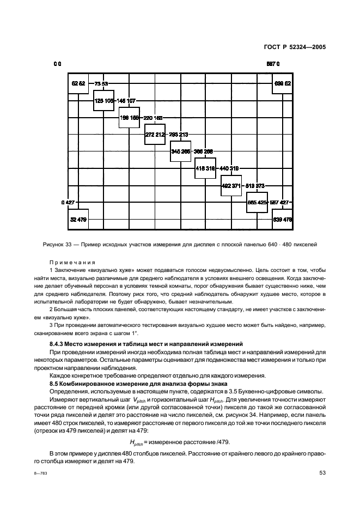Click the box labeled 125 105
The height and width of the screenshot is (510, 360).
pyautogui.click(x=103, y=100)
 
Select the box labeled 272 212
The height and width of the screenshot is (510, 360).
pyautogui.click(x=155, y=133)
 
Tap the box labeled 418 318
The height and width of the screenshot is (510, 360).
pyautogui.click(x=205, y=168)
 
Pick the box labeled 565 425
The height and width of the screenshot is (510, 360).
pyautogui.click(x=257, y=202)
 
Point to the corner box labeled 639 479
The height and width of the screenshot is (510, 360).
pyautogui.click(x=283, y=220)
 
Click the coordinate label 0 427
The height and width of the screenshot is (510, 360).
pyautogui.click(x=68, y=202)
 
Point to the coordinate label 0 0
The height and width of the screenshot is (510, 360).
pyautogui.click(x=57, y=64)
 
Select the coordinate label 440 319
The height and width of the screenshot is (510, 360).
pyautogui.click(x=229, y=168)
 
